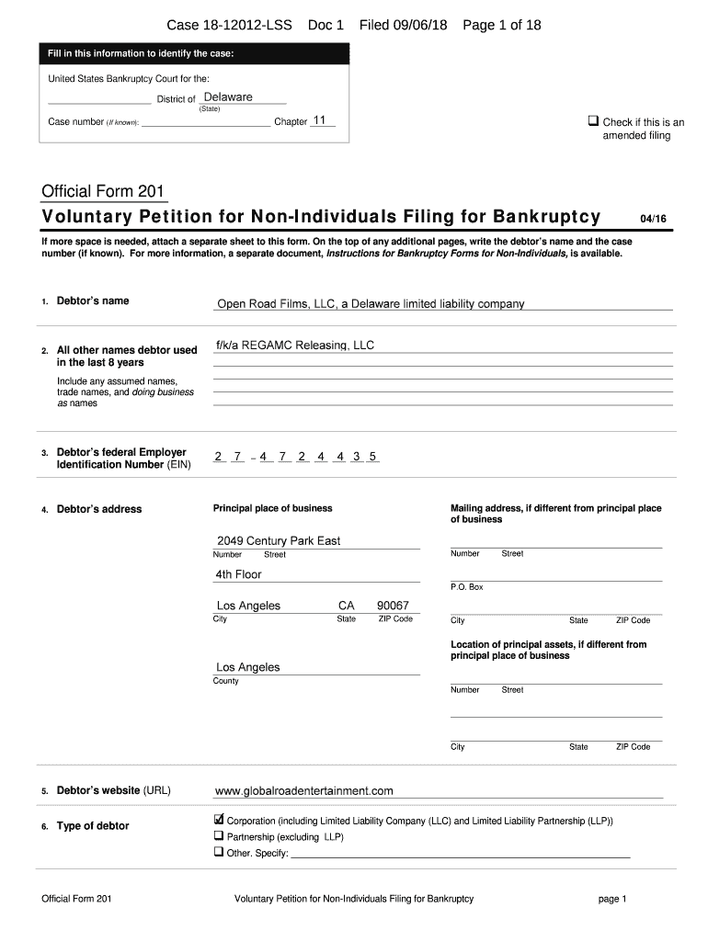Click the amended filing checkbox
[594, 121]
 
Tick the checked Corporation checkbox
[219, 819]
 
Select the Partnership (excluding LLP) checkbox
[219, 836]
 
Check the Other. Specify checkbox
[219, 852]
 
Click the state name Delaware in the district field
[228, 96]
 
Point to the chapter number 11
[320, 120]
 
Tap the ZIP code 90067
[393, 606]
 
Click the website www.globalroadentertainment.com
[303, 790]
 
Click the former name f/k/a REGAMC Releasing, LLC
[295, 346]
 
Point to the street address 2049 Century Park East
[278, 540]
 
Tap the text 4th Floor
[238, 574]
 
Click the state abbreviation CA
[347, 606]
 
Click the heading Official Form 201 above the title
[103, 191]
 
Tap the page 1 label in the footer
[611, 899]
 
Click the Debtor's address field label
[99, 509]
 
